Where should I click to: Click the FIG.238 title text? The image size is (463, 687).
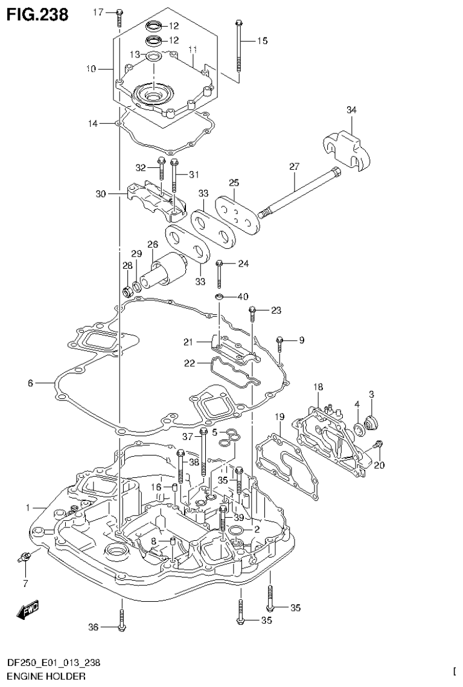click(x=36, y=13)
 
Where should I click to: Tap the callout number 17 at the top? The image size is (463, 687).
click(x=98, y=11)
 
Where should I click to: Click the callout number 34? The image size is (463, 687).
click(x=351, y=110)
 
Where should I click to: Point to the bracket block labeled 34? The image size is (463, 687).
click(x=347, y=149)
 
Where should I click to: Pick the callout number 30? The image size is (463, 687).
click(x=100, y=194)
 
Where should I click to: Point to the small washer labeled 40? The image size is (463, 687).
click(x=221, y=297)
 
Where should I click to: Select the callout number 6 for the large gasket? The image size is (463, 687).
click(x=30, y=382)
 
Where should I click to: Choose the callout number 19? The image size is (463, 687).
click(x=279, y=416)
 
